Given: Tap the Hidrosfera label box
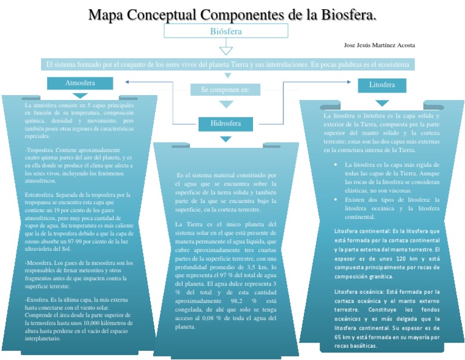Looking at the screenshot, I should [225, 124].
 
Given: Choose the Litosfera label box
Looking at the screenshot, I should [382, 85].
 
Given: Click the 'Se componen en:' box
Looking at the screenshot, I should [225, 90].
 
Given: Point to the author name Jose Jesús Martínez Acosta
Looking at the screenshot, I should [379, 45].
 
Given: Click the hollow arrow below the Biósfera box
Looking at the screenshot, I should [225, 47].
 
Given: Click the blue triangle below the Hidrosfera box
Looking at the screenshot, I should [225, 139].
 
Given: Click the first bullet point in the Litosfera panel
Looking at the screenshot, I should [336, 165].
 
